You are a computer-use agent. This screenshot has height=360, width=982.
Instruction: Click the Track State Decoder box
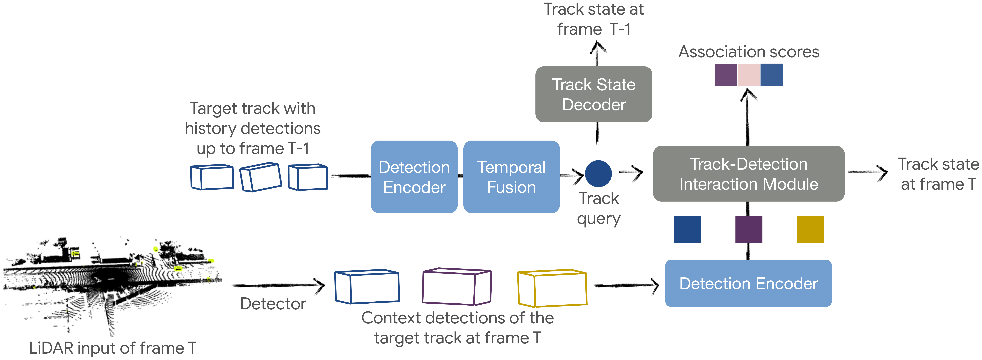pyautogui.click(x=594, y=94)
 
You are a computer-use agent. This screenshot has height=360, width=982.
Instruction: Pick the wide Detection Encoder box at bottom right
pyautogui.click(x=748, y=283)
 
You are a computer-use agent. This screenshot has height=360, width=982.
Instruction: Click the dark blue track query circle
pyautogui.click(x=598, y=174)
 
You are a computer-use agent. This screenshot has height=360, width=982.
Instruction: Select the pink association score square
pyautogui.click(x=749, y=75)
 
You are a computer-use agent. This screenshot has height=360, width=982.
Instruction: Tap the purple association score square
pyautogui.click(x=726, y=75)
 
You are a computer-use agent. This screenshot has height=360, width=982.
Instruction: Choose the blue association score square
pyautogui.click(x=772, y=75)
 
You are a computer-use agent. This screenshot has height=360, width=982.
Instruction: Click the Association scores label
pyautogui.click(x=749, y=52)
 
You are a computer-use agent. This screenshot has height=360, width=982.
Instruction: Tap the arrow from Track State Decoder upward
pyautogui.click(x=597, y=54)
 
